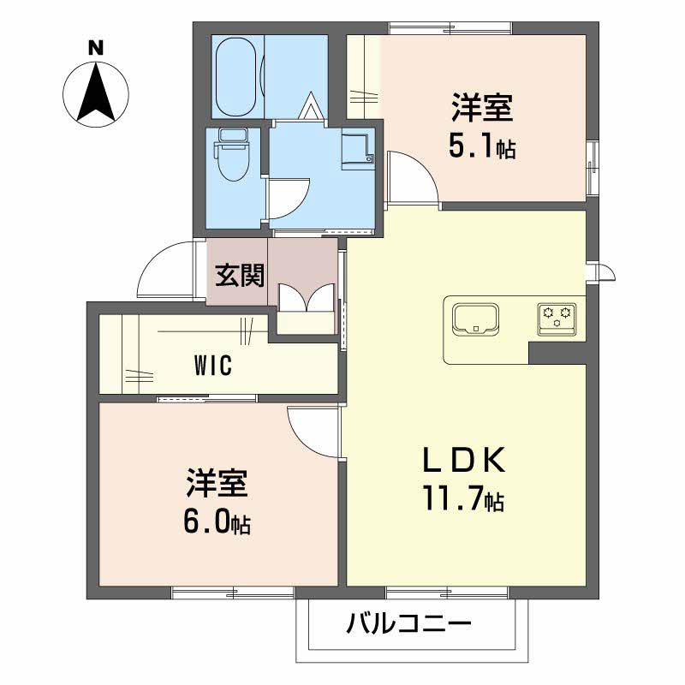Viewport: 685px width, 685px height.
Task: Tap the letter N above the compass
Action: click(x=97, y=47)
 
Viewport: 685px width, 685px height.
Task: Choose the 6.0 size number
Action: click(x=207, y=521)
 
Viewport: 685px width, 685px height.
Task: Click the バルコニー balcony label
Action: click(x=409, y=623)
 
